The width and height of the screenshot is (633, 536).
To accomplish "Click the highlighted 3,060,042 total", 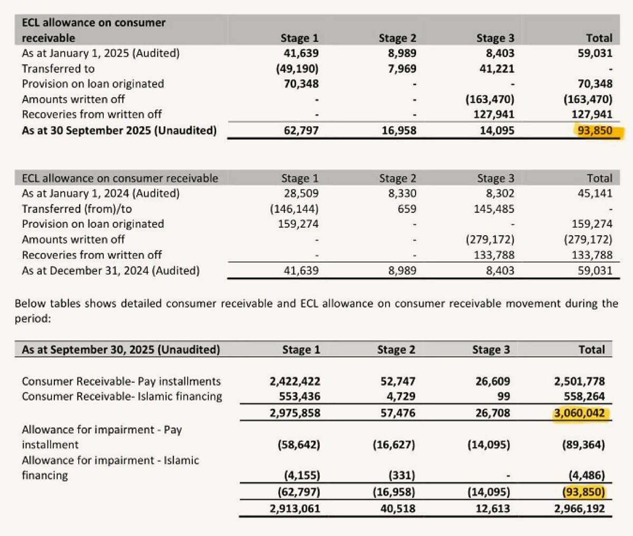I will point(579,413).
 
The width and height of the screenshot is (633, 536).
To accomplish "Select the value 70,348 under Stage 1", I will point(301,84).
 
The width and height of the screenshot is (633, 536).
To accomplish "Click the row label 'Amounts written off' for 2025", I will point(73,99).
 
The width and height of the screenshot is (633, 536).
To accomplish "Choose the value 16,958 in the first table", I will point(399,130).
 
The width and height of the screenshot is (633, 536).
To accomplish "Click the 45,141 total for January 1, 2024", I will point(595,194).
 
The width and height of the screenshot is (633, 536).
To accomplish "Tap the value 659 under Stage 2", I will point(407,209).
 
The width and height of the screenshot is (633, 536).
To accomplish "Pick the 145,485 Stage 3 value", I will point(494,209).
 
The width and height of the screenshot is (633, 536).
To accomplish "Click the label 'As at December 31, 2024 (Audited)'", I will point(111,271).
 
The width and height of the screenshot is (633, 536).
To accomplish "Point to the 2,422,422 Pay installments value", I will point(295,381).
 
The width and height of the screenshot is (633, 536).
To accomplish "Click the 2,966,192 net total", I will point(579,509).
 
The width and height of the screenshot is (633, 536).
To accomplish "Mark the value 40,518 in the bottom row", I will point(397,509).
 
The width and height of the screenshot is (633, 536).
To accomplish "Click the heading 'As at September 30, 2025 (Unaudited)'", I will point(121,350).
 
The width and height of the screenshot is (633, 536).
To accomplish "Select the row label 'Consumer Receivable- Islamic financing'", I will point(122,397).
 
